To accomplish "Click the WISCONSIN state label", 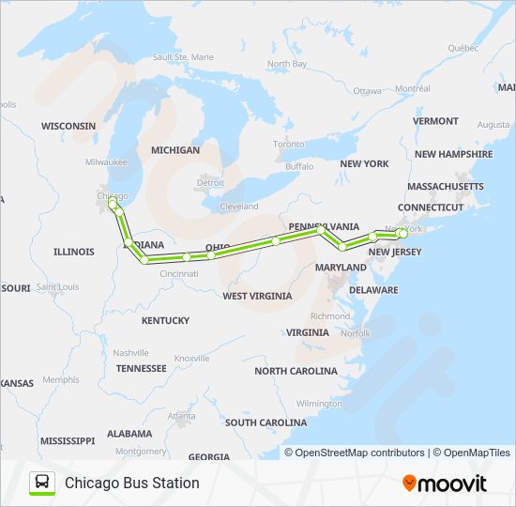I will [68, 125].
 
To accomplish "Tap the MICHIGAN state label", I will [175, 150].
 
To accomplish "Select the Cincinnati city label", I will [178, 273].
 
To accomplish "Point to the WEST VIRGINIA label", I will [256, 296].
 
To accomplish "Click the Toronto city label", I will [288, 144].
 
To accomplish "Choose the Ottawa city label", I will [367, 91].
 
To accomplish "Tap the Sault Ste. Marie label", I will [184, 57].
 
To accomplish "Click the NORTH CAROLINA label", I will [296, 371].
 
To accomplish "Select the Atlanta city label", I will [182, 415].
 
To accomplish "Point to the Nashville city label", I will [131, 352].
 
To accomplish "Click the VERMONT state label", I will [435, 121].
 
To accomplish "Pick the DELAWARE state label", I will [373, 290].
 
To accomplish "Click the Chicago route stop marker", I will [112, 203].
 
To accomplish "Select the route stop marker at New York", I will [403, 232].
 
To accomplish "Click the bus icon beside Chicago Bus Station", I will [42, 483].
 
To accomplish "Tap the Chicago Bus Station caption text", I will [131, 483].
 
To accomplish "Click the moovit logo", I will [445, 484].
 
